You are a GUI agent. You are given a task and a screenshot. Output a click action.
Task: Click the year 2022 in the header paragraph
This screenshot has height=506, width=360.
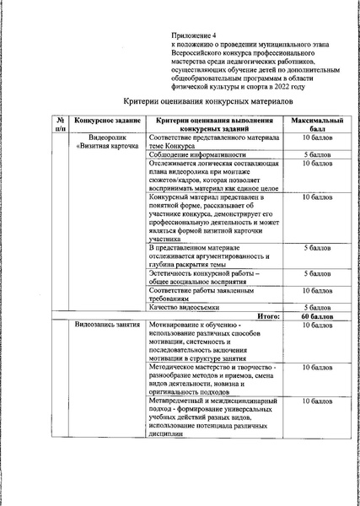pyautogui.click(x=289, y=85)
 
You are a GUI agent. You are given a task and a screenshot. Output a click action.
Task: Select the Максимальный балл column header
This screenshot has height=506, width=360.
pyautogui.click(x=317, y=125)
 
